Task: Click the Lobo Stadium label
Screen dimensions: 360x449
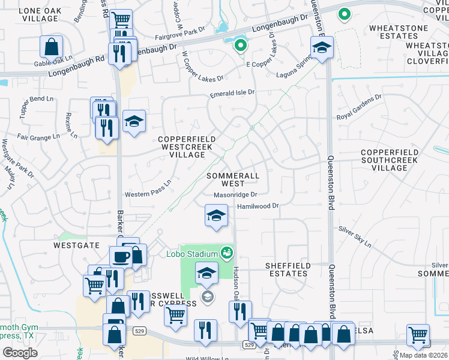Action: pyautogui.click(x=191, y=253)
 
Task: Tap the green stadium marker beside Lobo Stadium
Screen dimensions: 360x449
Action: pyautogui.click(x=226, y=253)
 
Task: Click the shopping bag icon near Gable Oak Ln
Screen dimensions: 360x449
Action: pyautogui.click(x=52, y=46)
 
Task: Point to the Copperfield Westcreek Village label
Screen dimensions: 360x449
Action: pyautogui.click(x=187, y=147)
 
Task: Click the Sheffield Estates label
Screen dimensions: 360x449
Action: pyautogui.click(x=288, y=269)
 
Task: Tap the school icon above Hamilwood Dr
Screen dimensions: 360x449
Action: pyautogui.click(x=216, y=215)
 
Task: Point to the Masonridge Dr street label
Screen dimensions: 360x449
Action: pyautogui.click(x=235, y=195)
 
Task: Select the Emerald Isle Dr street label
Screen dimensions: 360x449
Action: pyautogui.click(x=232, y=93)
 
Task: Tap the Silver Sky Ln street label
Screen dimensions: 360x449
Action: pyautogui.click(x=355, y=236)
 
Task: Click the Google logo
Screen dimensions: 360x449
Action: pyautogui.click(x=20, y=352)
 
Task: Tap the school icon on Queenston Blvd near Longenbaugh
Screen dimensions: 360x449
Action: pyautogui.click(x=322, y=47)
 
